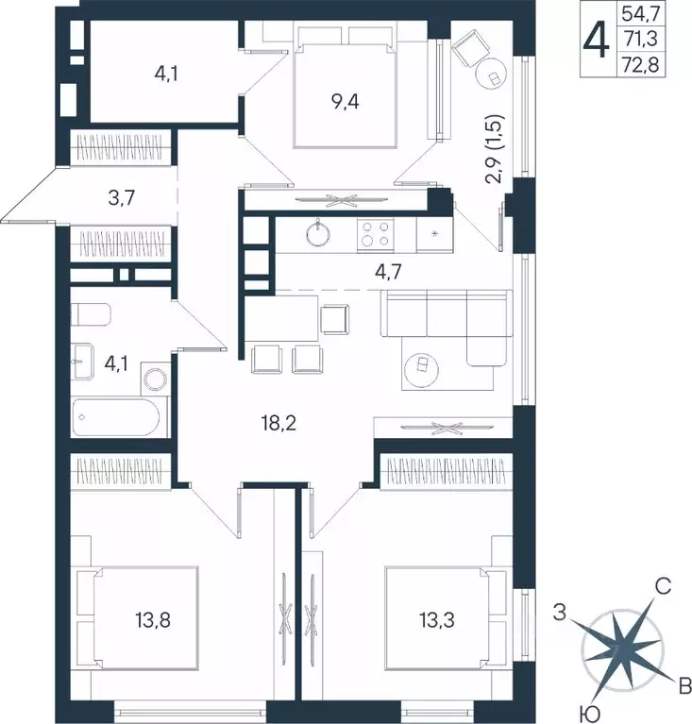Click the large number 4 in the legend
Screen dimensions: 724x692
pos(597,41)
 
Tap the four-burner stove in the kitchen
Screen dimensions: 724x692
pos(375,233)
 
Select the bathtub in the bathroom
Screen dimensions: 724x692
pos(119,416)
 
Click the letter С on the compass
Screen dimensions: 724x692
pos(663,588)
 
